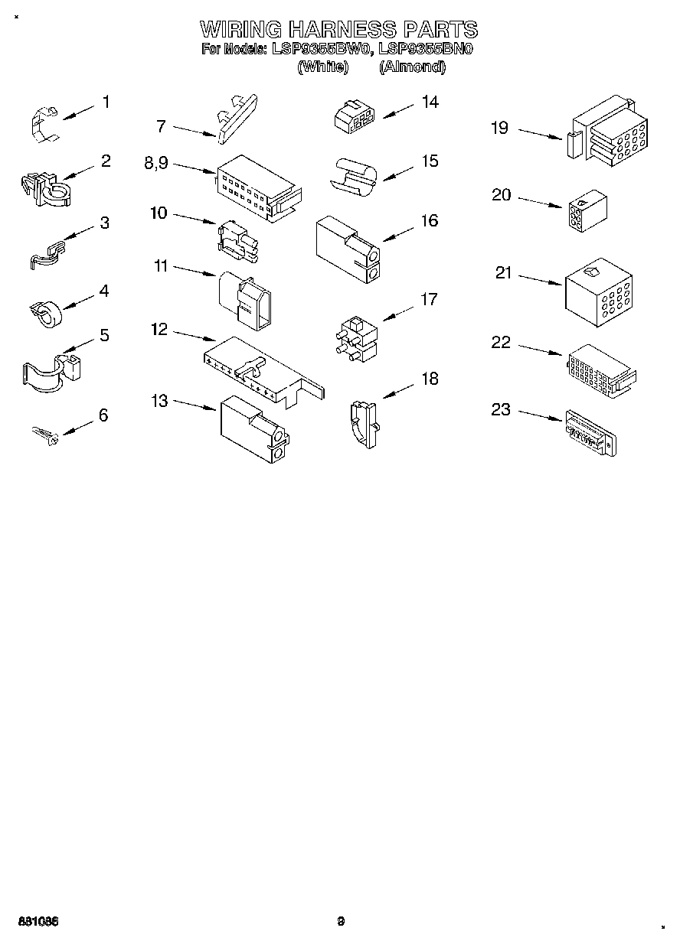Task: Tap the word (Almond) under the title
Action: coord(412,67)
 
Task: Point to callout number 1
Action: coord(106,102)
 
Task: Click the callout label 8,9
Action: coord(156,163)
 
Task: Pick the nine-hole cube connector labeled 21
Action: coord(599,290)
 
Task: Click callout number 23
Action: coord(500,410)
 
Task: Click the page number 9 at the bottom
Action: coord(341,921)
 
